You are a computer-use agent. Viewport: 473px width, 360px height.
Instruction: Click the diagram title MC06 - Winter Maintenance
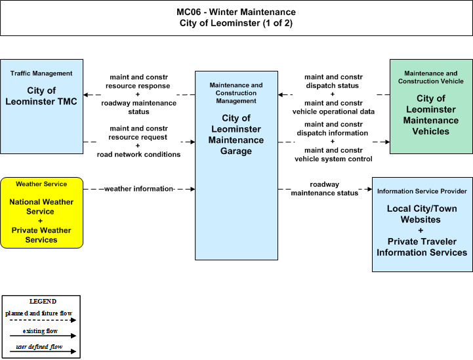[x=236, y=12]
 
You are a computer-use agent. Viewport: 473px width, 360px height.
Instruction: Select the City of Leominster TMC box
[x=41, y=106]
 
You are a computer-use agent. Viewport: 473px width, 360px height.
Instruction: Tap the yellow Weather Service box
[x=41, y=213]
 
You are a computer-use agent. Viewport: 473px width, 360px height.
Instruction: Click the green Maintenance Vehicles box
[x=431, y=106]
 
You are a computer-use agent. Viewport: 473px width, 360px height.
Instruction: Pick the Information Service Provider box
[x=422, y=225]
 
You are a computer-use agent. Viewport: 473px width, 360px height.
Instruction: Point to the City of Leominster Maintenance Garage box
[x=236, y=165]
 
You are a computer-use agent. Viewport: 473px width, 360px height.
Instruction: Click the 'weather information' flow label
[x=139, y=189]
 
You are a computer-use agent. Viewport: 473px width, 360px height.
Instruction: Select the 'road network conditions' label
[x=138, y=154]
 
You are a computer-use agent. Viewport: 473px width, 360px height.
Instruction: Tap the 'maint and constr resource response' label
[x=138, y=81]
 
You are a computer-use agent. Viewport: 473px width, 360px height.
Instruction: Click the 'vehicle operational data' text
[x=333, y=111]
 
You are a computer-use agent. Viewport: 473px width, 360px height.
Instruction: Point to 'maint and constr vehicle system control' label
[x=333, y=155]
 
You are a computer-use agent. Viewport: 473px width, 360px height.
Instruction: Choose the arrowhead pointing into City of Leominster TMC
[x=86, y=94]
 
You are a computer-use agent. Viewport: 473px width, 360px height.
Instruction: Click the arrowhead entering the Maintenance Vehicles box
[x=387, y=142]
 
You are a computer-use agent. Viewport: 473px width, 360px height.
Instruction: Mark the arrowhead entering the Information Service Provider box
[x=369, y=189]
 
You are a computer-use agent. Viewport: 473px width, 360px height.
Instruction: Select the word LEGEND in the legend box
[x=43, y=302]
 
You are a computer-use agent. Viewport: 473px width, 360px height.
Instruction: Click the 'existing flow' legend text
[x=40, y=331]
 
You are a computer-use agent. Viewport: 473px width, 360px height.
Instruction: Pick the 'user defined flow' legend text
[x=39, y=347]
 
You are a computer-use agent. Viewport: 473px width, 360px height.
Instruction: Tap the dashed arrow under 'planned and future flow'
[x=43, y=320]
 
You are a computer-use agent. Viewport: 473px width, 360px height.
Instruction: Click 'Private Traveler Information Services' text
[x=422, y=247]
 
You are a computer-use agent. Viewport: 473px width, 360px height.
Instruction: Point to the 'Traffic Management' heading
[x=41, y=73]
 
